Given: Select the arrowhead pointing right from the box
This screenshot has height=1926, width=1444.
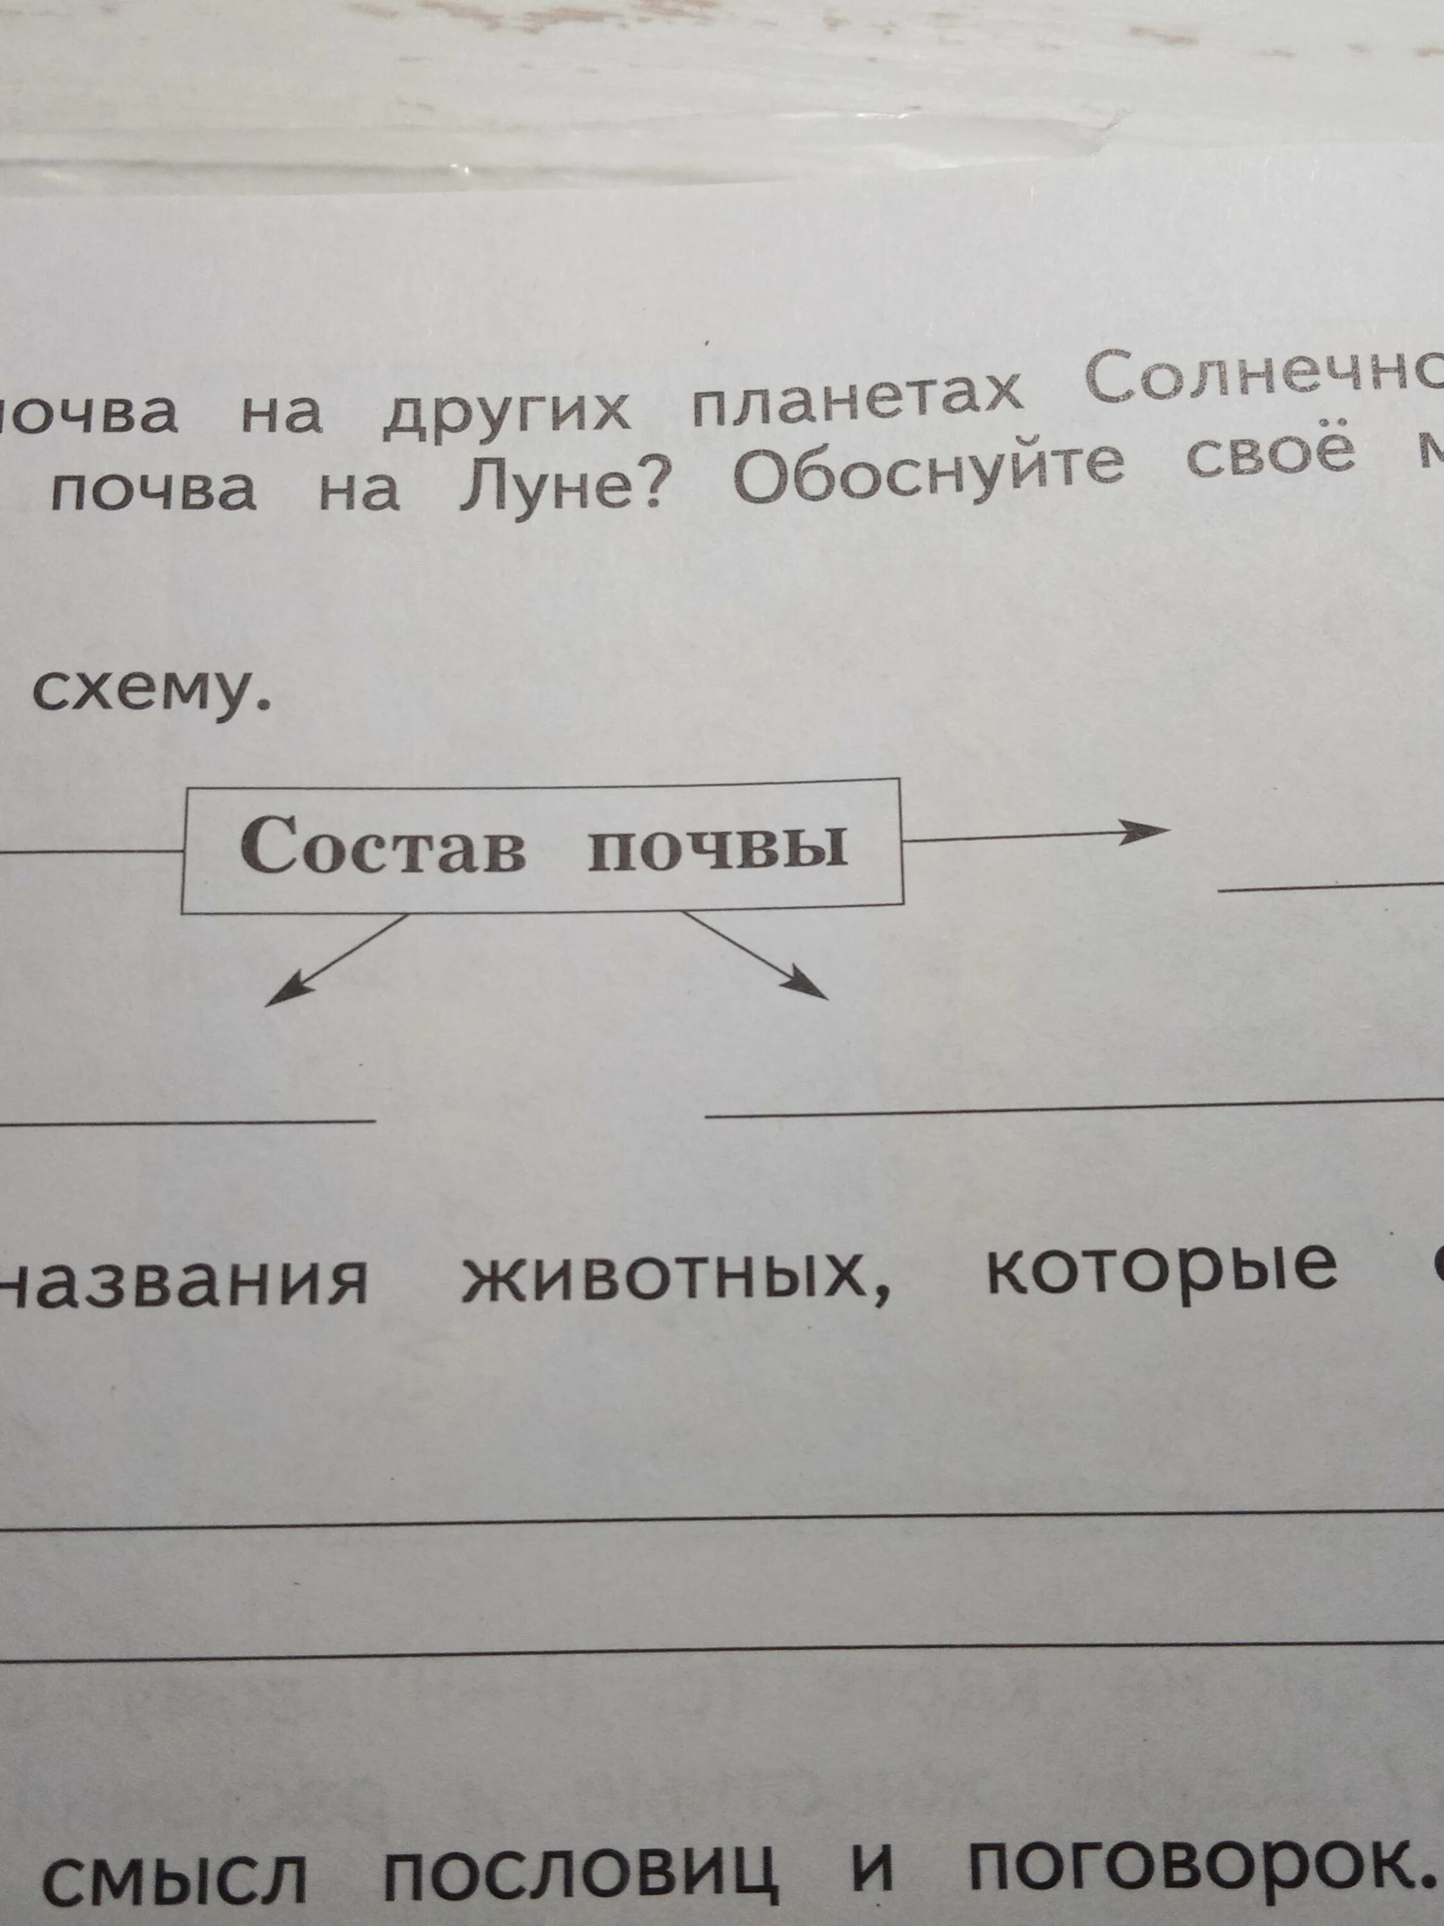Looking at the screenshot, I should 1144,829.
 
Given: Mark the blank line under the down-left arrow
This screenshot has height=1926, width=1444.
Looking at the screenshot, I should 187,1120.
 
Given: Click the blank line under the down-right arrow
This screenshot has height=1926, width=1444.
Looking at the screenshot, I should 1070,1107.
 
